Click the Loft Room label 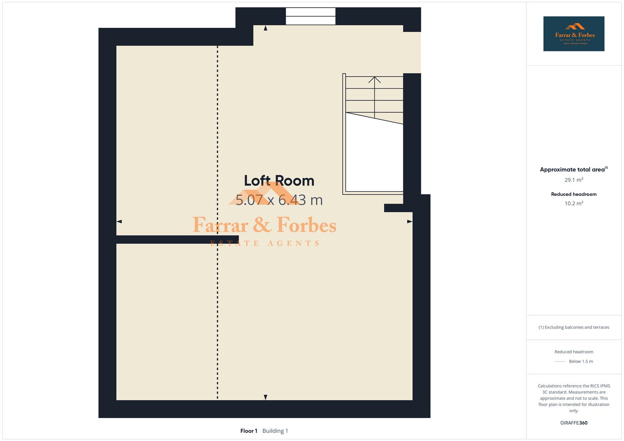(x=279, y=180)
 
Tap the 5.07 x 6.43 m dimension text (x=279, y=200)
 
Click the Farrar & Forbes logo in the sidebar (x=573, y=33)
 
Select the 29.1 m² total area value (x=573, y=180)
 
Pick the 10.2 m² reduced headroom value (x=573, y=203)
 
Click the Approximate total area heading (x=572, y=169)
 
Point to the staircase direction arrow (x=374, y=79)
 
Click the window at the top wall (x=311, y=16)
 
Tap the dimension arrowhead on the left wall (x=119, y=221)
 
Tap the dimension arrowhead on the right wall (x=409, y=221)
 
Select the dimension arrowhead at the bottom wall (x=266, y=397)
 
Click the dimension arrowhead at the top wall (x=266, y=28)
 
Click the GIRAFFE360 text (x=573, y=423)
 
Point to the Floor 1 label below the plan (x=248, y=431)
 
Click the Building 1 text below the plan (x=275, y=431)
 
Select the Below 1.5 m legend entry (x=580, y=361)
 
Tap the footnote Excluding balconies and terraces (x=573, y=327)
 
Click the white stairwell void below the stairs (x=374, y=159)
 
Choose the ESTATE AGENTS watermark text (x=265, y=243)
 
